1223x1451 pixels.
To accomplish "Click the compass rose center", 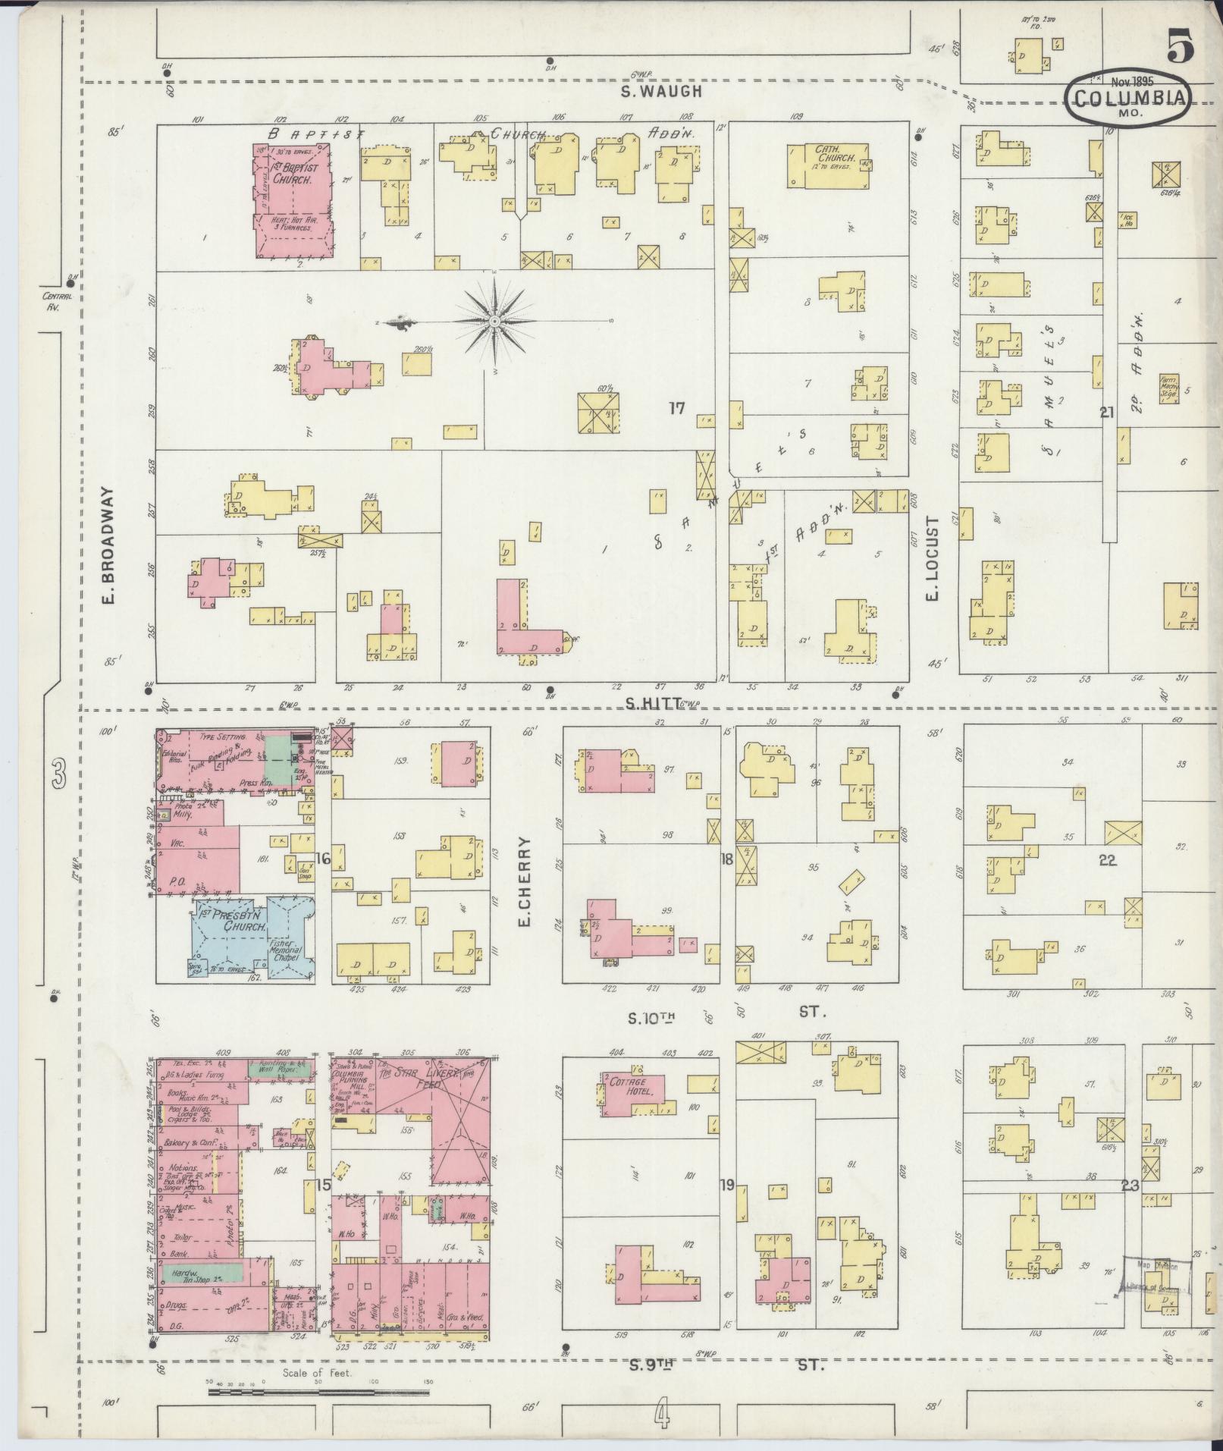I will tap(494, 322).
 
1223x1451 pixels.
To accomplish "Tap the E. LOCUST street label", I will tap(932, 557).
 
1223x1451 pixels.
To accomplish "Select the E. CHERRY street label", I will tap(524, 882).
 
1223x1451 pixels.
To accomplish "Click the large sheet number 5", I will tap(1181, 48).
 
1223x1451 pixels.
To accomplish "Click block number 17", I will tap(676, 408).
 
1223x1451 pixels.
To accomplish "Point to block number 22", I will tap(1108, 861).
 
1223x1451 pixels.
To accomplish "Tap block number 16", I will tap(323, 858).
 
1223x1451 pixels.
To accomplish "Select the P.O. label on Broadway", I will tap(177, 881).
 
